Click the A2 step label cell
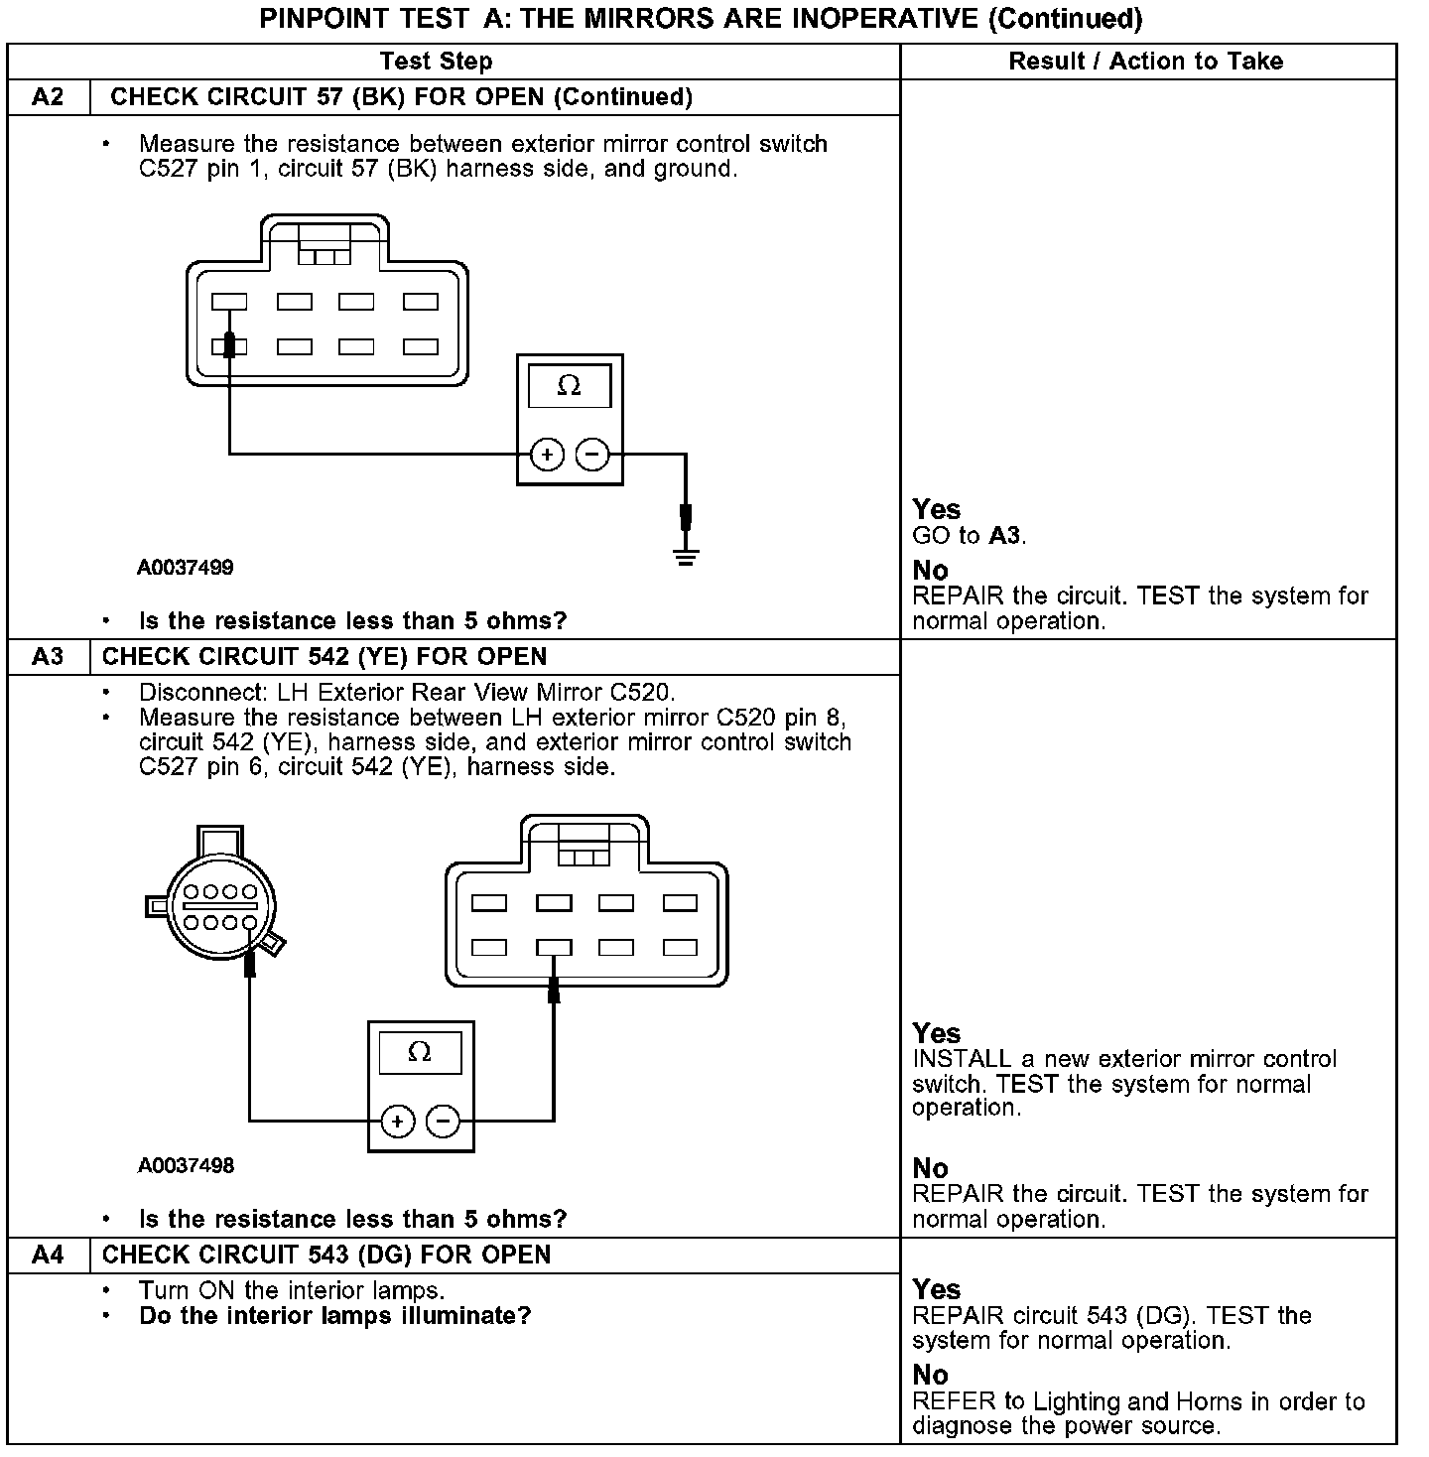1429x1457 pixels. (48, 97)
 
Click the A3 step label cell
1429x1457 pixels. (48, 657)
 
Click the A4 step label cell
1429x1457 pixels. (48, 1256)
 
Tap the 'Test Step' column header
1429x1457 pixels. (436, 62)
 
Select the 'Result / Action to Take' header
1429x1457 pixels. (1145, 62)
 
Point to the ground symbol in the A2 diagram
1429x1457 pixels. (685, 555)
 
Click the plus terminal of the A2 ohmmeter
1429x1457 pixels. (547, 455)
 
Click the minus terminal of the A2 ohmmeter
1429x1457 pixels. (592, 455)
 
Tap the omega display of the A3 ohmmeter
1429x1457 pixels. (420, 1053)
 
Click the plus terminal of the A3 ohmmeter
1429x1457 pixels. (398, 1122)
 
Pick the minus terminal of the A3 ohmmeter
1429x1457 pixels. (443, 1122)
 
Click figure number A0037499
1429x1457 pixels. (186, 568)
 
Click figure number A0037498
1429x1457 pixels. (186, 1165)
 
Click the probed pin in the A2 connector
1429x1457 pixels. (230, 346)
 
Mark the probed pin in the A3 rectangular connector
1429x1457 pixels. (554, 948)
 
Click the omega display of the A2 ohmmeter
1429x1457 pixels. (569, 386)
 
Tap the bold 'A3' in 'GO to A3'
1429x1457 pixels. (1004, 536)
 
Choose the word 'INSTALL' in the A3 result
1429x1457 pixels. (961, 1059)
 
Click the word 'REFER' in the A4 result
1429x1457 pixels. (954, 1401)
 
